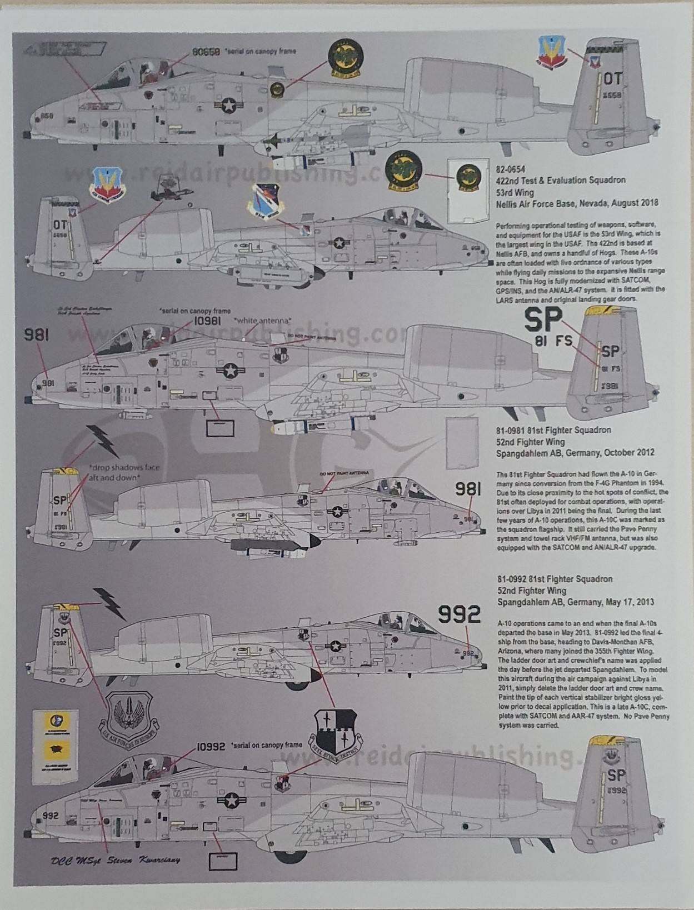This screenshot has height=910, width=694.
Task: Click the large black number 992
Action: pos(459,614)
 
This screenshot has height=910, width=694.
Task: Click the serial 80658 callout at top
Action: pos(206,51)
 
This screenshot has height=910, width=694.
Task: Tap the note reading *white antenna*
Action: pos(261,321)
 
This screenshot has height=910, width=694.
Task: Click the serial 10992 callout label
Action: pos(211,747)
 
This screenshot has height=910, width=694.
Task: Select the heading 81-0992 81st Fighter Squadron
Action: pos(554,579)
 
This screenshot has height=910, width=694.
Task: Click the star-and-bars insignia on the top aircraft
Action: pos(229,105)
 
